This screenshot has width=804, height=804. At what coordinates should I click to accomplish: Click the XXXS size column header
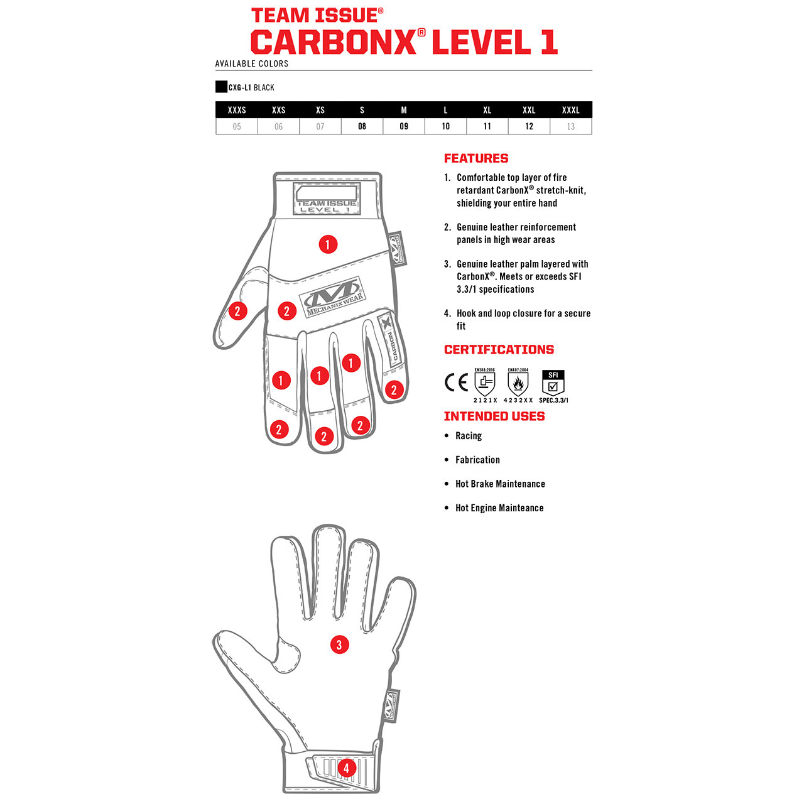[237, 110]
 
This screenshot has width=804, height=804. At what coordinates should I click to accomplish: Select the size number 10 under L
[445, 126]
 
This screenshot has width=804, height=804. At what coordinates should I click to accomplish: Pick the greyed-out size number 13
[570, 126]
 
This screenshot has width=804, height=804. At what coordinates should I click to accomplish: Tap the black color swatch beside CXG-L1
[221, 87]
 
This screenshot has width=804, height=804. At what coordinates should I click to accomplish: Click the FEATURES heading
[476, 158]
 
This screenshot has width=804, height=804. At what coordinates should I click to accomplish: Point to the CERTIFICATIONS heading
[499, 350]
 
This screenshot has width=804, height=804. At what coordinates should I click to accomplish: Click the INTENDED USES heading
[494, 416]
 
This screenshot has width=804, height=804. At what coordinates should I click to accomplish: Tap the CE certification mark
[456, 382]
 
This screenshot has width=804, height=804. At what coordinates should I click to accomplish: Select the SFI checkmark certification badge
[553, 383]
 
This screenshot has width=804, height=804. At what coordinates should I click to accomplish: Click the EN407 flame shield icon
[518, 383]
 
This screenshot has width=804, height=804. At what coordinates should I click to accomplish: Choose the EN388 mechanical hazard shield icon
[485, 383]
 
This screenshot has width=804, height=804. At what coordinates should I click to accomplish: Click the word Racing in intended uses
[469, 436]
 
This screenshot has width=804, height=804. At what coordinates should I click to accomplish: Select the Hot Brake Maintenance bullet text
[500, 484]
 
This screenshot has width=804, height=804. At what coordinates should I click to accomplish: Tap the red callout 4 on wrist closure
[346, 768]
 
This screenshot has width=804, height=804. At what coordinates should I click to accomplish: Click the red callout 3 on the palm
[339, 644]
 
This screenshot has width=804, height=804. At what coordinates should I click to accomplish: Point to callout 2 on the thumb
[237, 311]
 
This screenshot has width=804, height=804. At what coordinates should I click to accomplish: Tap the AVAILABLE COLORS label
[252, 63]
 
